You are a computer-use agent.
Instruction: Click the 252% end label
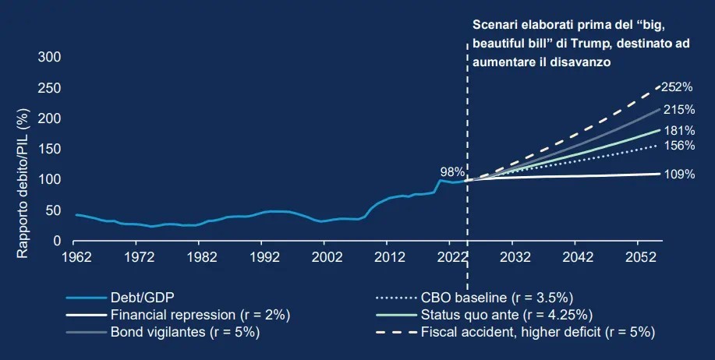coord(679,88)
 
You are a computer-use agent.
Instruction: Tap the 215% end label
coord(679,111)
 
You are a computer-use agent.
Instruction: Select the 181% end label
coord(679,130)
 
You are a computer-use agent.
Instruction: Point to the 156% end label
coord(679,145)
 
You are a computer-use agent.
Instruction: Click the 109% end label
coord(679,175)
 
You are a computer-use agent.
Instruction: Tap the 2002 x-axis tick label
coord(325,256)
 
